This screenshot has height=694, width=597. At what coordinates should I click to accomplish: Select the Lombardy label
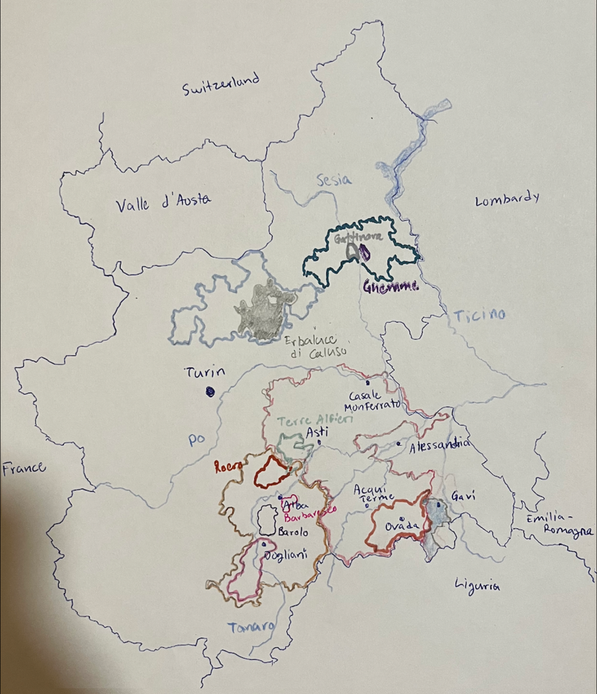point(507,199)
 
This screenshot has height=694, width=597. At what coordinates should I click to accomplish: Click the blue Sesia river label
point(334,180)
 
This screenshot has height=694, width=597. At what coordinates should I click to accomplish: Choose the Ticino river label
point(479,315)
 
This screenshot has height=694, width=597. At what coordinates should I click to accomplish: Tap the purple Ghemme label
point(391,287)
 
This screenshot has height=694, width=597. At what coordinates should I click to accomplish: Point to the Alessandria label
point(439,446)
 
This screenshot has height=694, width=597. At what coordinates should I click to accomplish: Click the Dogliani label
point(285,554)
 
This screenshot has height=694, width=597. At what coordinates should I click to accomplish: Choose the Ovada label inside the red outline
point(402,526)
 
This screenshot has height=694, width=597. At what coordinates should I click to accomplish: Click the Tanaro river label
point(250,627)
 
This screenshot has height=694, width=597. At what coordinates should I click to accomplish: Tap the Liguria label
point(478,585)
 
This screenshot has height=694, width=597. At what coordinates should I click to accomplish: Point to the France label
point(24,468)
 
